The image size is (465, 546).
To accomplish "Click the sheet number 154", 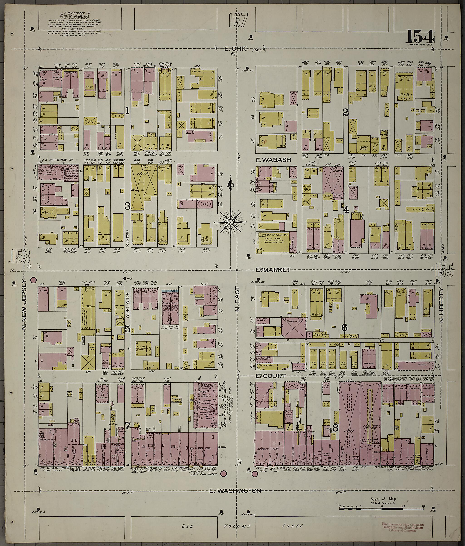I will pyautogui.click(x=420, y=37).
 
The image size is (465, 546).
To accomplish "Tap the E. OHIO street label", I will pyautogui.click(x=236, y=49).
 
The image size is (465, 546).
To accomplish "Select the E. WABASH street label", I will pyautogui.click(x=273, y=160).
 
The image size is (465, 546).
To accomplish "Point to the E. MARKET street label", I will pyautogui.click(x=273, y=270).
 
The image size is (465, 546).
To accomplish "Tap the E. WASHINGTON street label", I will pyautogui.click(x=235, y=491).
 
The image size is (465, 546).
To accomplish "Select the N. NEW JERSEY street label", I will pyautogui.click(x=24, y=304).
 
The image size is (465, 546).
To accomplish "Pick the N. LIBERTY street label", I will pyautogui.click(x=441, y=305).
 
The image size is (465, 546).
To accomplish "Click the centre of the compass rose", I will pyautogui.click(x=230, y=223).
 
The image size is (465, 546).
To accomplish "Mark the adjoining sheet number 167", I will pyautogui.click(x=239, y=21).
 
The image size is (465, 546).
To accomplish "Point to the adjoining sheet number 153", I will pyautogui.click(x=21, y=256).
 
